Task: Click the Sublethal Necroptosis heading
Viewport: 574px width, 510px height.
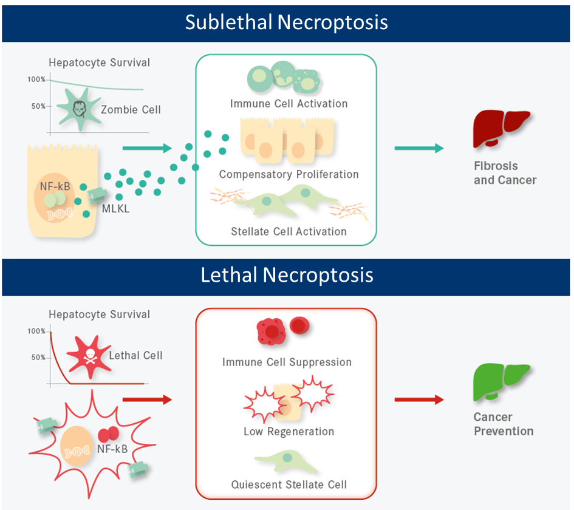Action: click(x=287, y=22)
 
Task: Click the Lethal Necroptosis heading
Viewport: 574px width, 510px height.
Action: click(x=287, y=276)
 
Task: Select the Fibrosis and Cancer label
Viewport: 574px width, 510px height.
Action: click(x=505, y=172)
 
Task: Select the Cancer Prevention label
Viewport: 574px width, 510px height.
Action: click(x=504, y=424)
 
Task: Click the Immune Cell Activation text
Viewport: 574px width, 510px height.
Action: click(x=289, y=103)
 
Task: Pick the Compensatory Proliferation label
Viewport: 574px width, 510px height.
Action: click(x=289, y=174)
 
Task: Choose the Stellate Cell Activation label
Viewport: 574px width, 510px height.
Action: click(x=289, y=231)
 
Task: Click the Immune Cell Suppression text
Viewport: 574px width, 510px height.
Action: click(x=287, y=362)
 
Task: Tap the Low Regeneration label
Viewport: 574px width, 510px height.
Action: click(x=289, y=432)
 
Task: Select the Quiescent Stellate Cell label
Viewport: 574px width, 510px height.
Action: click(x=289, y=484)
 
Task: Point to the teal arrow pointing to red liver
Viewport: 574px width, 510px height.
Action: click(x=419, y=148)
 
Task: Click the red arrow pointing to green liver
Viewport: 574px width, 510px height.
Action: click(x=419, y=399)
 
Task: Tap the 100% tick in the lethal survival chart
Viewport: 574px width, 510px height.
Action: click(x=37, y=331)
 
